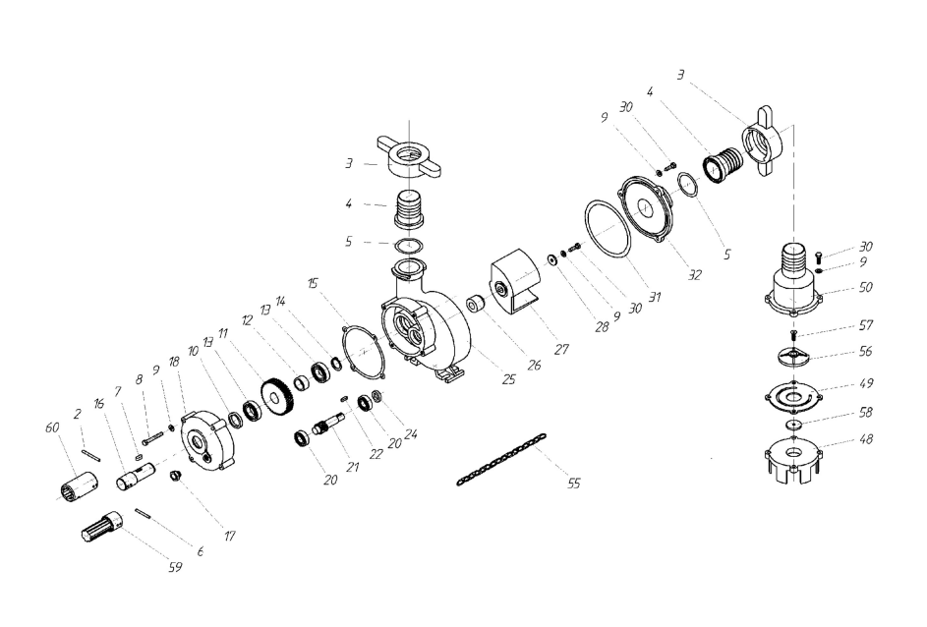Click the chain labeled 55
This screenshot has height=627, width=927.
(x=501, y=460)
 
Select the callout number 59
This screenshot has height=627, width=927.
(x=176, y=567)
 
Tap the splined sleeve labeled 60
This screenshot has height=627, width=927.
(x=81, y=482)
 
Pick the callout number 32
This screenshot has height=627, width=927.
(x=694, y=275)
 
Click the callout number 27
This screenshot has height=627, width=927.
(x=561, y=349)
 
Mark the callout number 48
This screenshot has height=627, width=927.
(x=865, y=439)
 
